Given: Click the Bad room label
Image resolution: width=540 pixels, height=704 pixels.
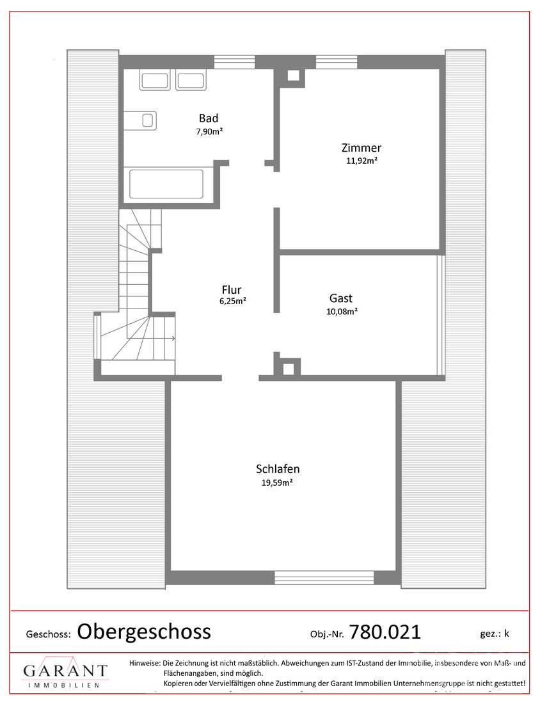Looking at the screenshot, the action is [x=209, y=118].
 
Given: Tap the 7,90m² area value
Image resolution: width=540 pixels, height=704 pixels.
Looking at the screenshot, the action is [x=210, y=132].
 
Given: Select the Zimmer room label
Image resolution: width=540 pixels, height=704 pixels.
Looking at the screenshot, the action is [x=361, y=148].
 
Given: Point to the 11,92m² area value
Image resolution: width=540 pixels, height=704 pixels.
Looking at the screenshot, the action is [x=361, y=161].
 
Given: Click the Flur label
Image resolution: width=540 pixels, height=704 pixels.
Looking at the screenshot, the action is [x=232, y=289].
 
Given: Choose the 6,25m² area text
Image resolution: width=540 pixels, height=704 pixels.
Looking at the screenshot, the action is [x=232, y=301].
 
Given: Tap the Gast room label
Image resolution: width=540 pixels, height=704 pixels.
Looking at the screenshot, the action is [x=341, y=298].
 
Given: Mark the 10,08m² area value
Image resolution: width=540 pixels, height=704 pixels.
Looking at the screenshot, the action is [x=342, y=312].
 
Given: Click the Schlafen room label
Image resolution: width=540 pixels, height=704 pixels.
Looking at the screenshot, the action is [x=278, y=469].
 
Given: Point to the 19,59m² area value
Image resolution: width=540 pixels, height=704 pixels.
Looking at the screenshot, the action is [x=278, y=483].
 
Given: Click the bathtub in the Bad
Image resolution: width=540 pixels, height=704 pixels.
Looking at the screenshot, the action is [x=166, y=184].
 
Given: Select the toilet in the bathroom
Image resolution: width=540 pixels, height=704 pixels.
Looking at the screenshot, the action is [x=141, y=120].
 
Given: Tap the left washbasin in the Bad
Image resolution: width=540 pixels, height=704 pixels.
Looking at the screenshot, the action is [x=155, y=81].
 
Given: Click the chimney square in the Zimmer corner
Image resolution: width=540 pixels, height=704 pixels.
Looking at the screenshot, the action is [x=293, y=76].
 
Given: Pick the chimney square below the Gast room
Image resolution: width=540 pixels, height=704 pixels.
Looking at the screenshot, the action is [x=289, y=369].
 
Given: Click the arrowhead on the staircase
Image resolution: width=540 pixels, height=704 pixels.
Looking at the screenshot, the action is [x=173, y=338].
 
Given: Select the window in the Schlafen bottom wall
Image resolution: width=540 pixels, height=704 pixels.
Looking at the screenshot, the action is [x=324, y=577].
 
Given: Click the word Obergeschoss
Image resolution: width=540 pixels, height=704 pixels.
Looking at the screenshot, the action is [x=144, y=632].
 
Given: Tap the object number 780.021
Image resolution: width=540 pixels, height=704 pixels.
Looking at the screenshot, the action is [x=385, y=632].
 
